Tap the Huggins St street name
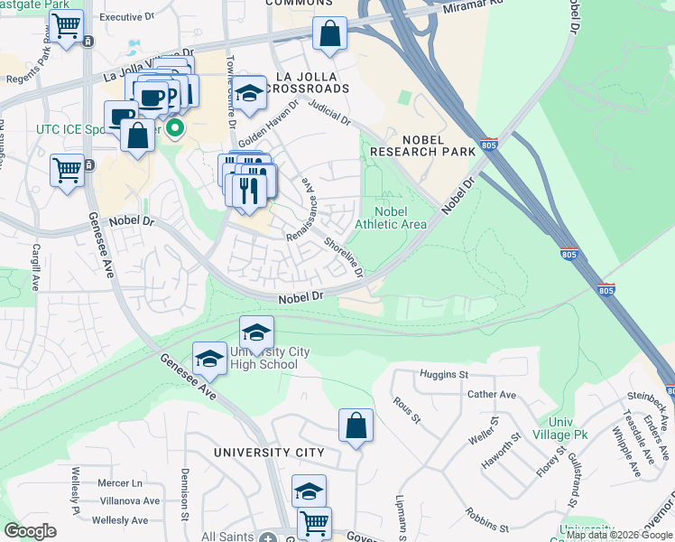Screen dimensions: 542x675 point(445,374)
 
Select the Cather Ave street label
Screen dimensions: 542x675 point(491,395)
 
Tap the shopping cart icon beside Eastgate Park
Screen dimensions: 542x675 point(67,27)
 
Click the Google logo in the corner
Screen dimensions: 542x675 point(30,530)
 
